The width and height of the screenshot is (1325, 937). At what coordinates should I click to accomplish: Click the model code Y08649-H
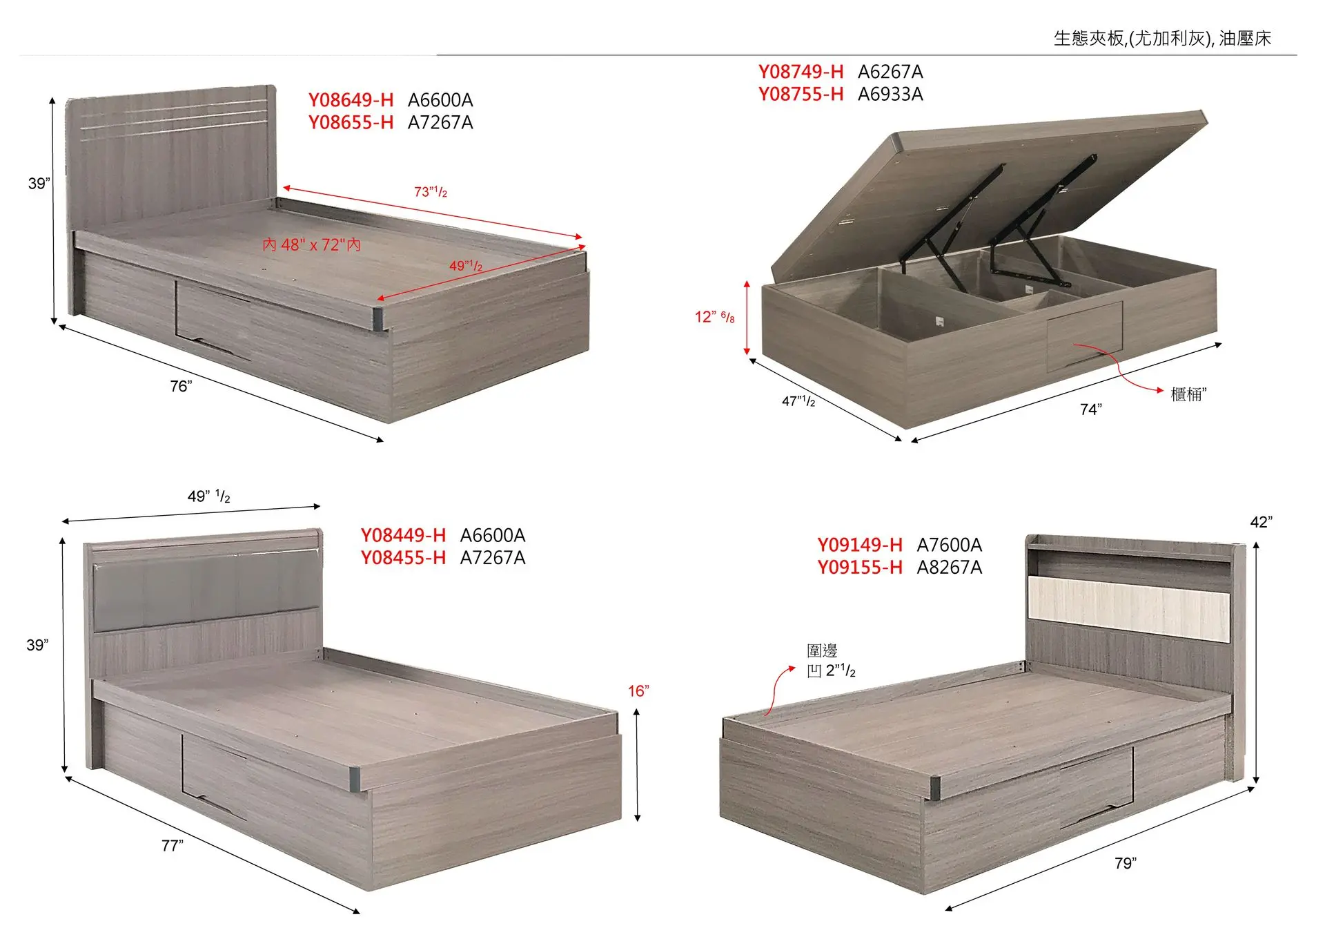[351, 100]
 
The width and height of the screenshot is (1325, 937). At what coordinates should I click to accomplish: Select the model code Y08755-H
[801, 94]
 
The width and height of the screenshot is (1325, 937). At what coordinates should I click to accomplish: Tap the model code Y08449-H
[403, 535]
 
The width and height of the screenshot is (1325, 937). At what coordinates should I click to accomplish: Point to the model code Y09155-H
[860, 568]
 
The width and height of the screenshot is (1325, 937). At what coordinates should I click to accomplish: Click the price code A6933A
[890, 94]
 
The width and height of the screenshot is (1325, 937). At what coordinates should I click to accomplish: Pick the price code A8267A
[950, 568]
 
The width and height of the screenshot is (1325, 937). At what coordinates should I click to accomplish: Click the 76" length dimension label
[181, 387]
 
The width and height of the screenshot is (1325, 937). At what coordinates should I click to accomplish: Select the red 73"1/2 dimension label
[431, 192]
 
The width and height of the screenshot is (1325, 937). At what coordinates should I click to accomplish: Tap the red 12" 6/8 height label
[715, 317]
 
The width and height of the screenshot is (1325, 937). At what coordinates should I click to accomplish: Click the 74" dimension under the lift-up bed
[1091, 409]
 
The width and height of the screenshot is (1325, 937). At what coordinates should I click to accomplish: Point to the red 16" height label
[638, 691]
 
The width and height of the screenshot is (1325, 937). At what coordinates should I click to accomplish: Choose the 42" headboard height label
[1262, 522]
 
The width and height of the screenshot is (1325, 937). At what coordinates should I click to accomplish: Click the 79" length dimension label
[1126, 863]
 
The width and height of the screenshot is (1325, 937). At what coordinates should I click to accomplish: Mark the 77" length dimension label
[173, 845]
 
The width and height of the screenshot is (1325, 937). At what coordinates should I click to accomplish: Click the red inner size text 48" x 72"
[312, 245]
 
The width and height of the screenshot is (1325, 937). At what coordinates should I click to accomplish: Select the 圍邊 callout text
[823, 650]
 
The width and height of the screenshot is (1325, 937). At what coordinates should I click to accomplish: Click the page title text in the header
[1162, 39]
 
